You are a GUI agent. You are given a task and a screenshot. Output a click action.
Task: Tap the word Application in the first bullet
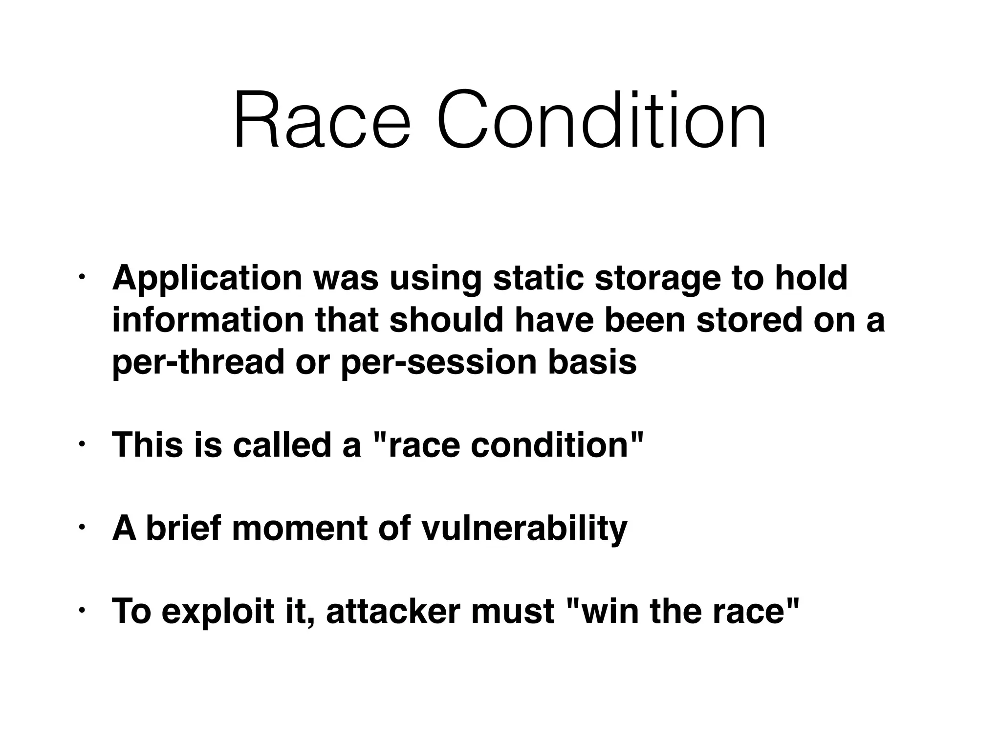[207, 279]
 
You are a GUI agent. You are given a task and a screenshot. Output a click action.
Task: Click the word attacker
[393, 611]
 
